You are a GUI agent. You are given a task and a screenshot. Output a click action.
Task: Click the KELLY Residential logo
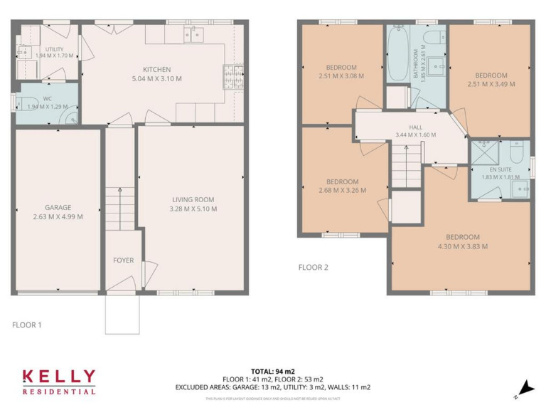click(x=58, y=382)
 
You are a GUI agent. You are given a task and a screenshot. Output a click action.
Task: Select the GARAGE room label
click(x=58, y=208)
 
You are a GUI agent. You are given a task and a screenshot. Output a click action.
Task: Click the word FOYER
click(x=123, y=261)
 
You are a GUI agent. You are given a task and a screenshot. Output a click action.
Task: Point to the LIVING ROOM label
click(x=193, y=200)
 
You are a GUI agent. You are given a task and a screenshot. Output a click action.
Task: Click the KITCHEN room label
click(x=156, y=69)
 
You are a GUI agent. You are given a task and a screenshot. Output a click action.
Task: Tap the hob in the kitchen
click(x=231, y=73)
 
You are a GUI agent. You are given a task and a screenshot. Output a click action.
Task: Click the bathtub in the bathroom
click(x=395, y=53)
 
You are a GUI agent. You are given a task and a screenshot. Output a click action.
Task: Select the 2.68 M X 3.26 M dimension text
click(x=342, y=190)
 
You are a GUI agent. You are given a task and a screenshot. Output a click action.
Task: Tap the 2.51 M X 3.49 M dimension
click(x=491, y=84)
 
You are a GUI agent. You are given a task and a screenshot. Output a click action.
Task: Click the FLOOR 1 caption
click(x=27, y=325)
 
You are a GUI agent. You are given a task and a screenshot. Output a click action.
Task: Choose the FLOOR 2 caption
click(x=313, y=268)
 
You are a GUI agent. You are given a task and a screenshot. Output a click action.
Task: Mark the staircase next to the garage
click(x=119, y=208)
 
